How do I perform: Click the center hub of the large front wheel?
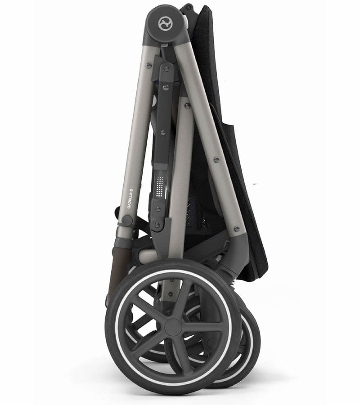(173, 327)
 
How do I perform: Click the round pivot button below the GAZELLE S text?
(128, 220)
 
